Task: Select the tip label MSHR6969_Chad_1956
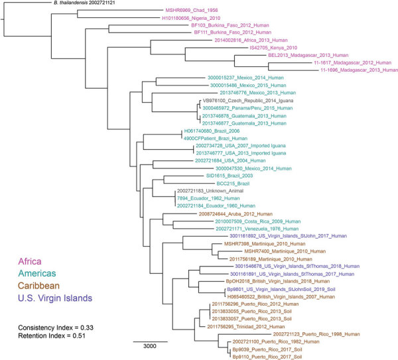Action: (x=186, y=13)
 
